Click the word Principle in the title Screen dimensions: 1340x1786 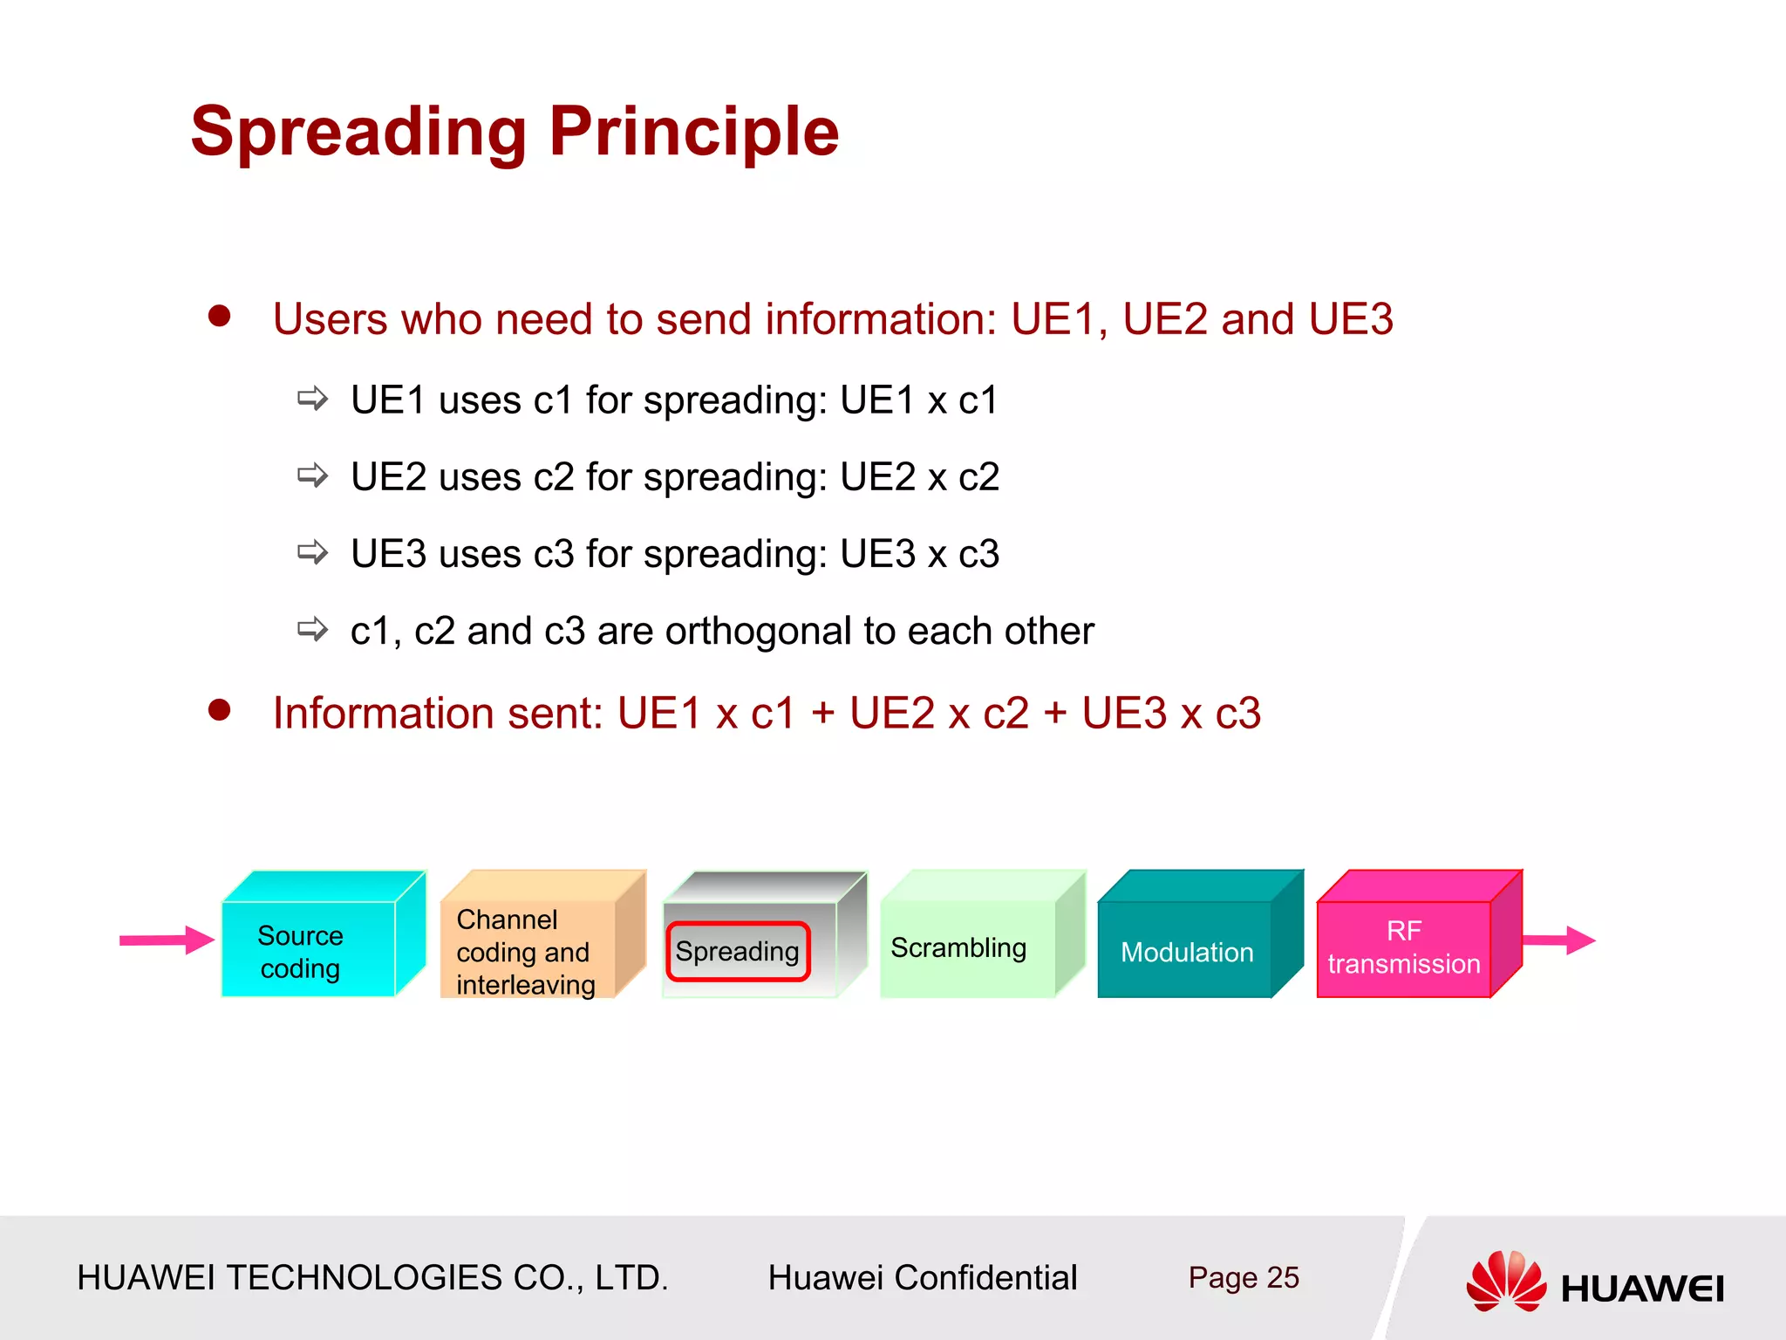[x=693, y=133]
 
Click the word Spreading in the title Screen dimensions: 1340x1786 [x=358, y=133]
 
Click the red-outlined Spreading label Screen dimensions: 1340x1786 [x=738, y=951]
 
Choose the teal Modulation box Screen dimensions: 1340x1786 [x=1185, y=951]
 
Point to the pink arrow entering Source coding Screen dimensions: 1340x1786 [x=166, y=940]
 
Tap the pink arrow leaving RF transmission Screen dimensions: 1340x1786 [x=1561, y=940]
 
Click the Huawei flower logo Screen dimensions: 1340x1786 [x=1506, y=1281]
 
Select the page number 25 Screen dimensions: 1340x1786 [x=1283, y=1277]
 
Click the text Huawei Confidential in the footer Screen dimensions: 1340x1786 [x=922, y=1277]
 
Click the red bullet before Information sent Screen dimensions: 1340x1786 [x=220, y=709]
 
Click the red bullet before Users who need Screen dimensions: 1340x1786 [x=220, y=316]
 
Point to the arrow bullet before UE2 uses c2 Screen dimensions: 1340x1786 [x=312, y=475]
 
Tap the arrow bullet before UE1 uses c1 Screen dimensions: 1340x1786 [x=312, y=399]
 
